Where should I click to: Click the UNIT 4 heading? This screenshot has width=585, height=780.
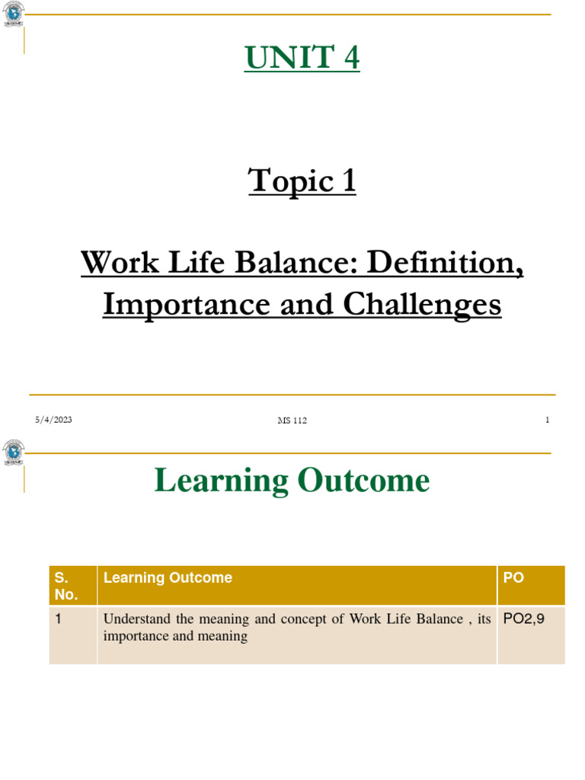pyautogui.click(x=302, y=58)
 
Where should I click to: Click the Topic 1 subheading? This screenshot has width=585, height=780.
pyautogui.click(x=302, y=181)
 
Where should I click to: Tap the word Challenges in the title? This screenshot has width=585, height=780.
pyautogui.click(x=422, y=304)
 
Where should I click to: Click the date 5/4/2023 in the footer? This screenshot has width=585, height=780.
pyautogui.click(x=53, y=420)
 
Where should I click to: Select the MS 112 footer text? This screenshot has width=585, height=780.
pyautogui.click(x=292, y=420)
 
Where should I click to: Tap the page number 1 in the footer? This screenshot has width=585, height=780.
pyautogui.click(x=547, y=420)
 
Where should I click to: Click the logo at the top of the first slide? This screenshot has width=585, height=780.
pyautogui.click(x=14, y=14)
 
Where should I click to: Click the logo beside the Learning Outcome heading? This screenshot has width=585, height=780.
pyautogui.click(x=14, y=452)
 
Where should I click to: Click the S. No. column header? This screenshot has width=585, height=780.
pyautogui.click(x=66, y=586)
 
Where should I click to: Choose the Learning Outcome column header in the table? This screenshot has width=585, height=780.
pyautogui.click(x=168, y=578)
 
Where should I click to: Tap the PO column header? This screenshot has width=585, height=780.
pyautogui.click(x=514, y=578)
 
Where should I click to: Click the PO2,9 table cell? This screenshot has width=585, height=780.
pyautogui.click(x=524, y=619)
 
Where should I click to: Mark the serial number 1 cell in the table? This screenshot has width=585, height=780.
pyautogui.click(x=58, y=619)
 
